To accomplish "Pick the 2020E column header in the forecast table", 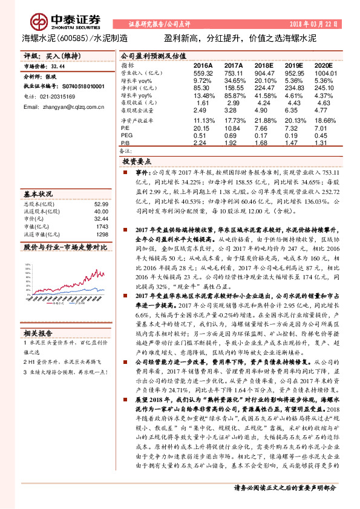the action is (x=324, y=64).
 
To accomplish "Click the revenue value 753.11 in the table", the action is (x=234, y=72).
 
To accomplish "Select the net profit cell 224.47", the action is (x=263, y=87).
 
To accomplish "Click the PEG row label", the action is (x=126, y=135).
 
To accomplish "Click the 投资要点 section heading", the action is (x=137, y=162).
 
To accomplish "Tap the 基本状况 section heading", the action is (x=38, y=195).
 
